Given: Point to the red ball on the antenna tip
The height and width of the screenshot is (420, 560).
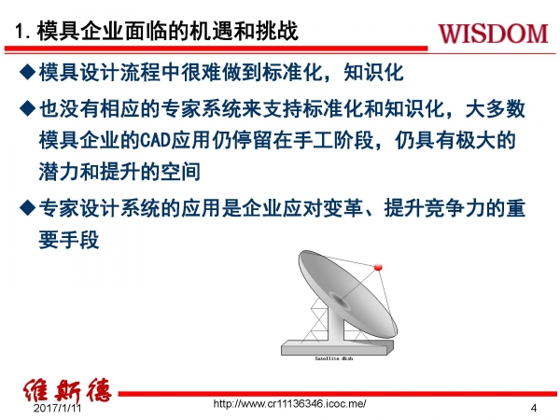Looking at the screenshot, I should point(378,269).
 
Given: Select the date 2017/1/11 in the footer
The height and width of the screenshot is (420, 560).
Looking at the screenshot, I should point(58,409).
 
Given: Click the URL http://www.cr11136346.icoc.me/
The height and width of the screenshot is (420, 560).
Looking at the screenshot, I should point(289,403).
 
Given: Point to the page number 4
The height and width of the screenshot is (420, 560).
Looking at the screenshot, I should point(533,409).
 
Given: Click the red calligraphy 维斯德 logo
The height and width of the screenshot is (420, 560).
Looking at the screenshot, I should point(66,390).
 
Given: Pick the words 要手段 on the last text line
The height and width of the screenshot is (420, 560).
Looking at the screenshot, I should point(70,239).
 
